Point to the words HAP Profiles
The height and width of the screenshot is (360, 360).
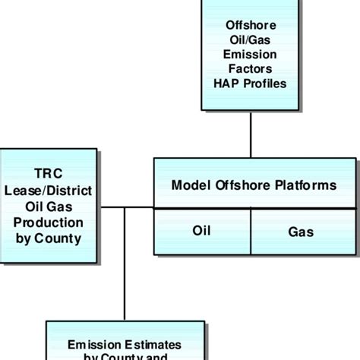coord(250,83)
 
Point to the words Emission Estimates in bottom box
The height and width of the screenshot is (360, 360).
coord(125,344)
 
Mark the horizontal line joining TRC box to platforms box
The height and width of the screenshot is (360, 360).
coord(126,207)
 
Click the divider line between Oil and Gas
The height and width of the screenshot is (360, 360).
coord(251,230)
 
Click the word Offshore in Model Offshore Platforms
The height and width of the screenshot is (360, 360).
coord(245,185)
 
